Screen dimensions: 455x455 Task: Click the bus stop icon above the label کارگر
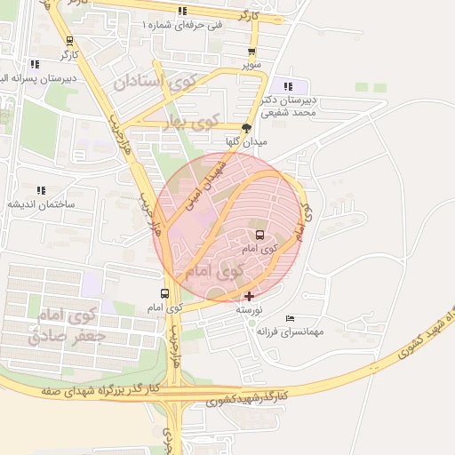point(69,41)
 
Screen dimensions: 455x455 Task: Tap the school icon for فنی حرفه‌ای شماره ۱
point(182,12)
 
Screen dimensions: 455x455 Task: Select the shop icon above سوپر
point(252,52)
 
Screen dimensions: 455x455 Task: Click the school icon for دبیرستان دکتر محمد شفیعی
point(288,86)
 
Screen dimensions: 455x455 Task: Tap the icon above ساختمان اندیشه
point(41,190)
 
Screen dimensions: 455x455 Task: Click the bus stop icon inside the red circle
point(259,235)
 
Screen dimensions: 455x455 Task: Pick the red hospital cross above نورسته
point(248,296)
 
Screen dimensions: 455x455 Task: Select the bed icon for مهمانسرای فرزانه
point(290,318)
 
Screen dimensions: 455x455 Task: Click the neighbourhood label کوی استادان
point(153,84)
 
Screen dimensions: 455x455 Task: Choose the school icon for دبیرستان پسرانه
point(34,64)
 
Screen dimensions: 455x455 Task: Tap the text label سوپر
point(252,65)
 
